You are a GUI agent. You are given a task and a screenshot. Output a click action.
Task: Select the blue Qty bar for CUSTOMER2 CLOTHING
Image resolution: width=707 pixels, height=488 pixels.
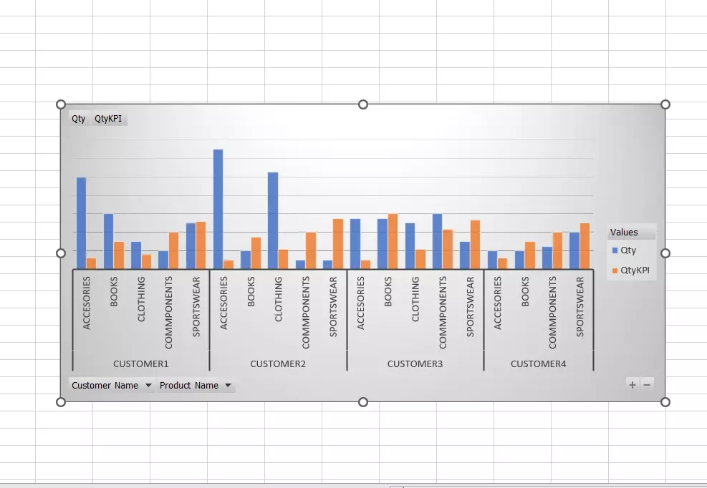click(x=273, y=220)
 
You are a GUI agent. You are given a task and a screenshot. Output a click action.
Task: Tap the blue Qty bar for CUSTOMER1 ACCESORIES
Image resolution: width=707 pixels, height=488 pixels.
click(x=81, y=223)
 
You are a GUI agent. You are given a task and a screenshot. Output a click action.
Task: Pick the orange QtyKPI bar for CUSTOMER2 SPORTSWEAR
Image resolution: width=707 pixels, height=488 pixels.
click(x=338, y=243)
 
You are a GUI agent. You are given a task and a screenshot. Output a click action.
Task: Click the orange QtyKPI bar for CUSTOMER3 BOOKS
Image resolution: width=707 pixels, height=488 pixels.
click(x=393, y=241)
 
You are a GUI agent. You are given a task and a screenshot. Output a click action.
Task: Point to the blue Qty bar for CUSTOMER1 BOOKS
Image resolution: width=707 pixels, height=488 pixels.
click(x=108, y=241)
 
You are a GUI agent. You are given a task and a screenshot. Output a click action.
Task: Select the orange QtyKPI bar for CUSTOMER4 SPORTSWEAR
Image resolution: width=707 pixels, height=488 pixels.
click(x=585, y=245)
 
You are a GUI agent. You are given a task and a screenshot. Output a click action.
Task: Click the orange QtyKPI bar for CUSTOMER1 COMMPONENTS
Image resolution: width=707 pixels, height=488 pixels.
click(x=173, y=250)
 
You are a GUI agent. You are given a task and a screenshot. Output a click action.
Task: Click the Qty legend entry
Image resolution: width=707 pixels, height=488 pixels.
click(x=628, y=250)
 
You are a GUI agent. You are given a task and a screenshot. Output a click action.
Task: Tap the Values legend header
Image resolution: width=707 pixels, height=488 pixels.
click(x=624, y=233)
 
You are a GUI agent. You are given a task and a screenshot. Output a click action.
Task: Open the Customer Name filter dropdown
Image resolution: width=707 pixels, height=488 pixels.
click(x=148, y=386)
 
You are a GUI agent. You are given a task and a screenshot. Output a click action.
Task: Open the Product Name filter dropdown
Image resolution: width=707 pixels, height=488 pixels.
click(x=228, y=386)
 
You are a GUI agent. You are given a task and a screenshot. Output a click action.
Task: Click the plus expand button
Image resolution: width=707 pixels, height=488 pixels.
click(x=633, y=384)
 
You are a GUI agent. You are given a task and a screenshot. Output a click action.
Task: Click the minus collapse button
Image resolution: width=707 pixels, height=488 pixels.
click(x=647, y=384)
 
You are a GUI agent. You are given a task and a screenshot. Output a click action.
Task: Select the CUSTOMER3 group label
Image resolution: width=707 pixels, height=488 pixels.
click(x=415, y=363)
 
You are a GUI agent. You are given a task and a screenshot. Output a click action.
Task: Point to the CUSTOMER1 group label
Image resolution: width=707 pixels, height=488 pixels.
click(x=140, y=363)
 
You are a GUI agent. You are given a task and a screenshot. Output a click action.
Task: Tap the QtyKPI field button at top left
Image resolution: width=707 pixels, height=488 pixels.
click(x=108, y=119)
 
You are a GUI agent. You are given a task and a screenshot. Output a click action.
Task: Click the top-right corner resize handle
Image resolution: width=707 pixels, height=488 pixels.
click(x=665, y=104)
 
